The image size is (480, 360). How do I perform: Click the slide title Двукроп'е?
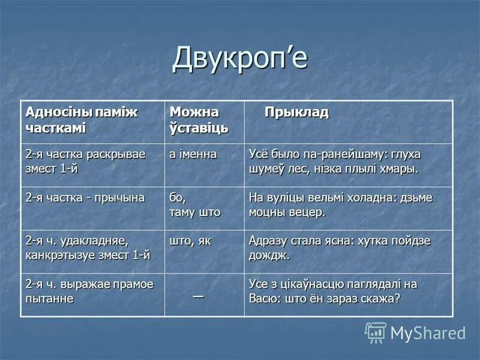(x=240, y=58)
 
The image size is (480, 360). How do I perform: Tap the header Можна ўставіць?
(x=194, y=120)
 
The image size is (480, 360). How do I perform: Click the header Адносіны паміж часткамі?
(x=82, y=120)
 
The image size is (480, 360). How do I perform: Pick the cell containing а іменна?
(x=193, y=154)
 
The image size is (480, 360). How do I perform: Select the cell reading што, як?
(x=191, y=241)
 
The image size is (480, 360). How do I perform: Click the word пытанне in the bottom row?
(x=50, y=298)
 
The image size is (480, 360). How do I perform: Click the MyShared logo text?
(x=428, y=333)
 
